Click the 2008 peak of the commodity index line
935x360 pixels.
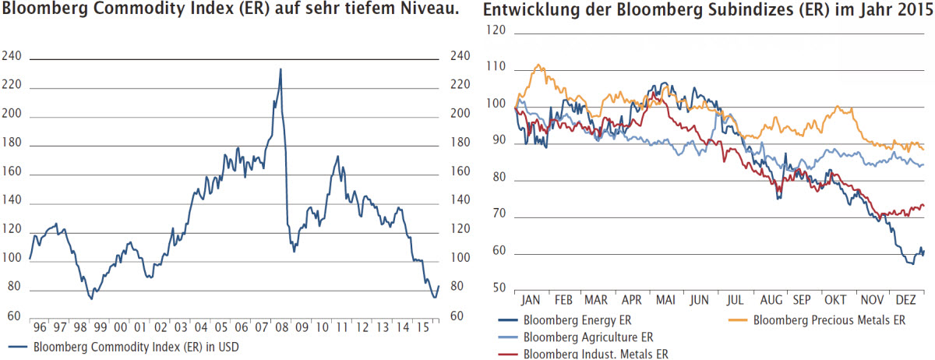pyautogui.click(x=280, y=69)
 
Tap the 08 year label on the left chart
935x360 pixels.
pyautogui.click(x=282, y=327)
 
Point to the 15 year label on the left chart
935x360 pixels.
pyautogui.click(x=423, y=327)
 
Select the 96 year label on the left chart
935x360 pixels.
pyautogui.click(x=40, y=327)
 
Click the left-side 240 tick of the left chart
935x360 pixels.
pyautogui.click(x=11, y=56)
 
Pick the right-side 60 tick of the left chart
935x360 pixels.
pyautogui.click(x=457, y=316)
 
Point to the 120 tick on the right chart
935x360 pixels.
pyautogui.click(x=496, y=30)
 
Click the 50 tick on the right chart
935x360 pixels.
pyautogui.click(x=499, y=288)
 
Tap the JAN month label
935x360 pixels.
pyautogui.click(x=530, y=300)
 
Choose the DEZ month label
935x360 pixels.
pyautogui.click(x=905, y=300)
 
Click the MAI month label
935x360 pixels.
pyautogui.click(x=665, y=300)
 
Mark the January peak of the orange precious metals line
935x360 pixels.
pyautogui.click(x=538, y=65)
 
